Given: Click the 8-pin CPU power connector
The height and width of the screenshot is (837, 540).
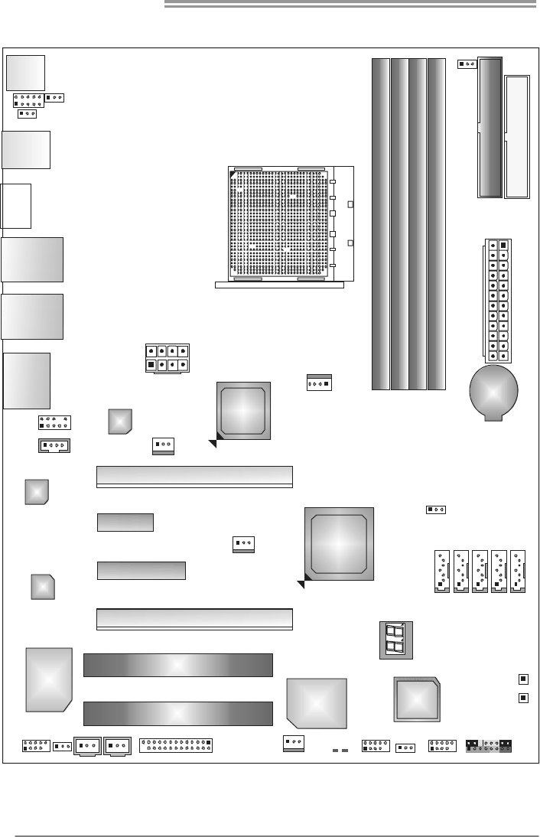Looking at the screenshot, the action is tap(168, 357).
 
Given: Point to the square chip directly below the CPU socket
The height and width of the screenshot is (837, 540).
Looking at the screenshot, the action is tap(243, 410).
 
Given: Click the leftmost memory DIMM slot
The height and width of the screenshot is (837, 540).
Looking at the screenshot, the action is tap(380, 223).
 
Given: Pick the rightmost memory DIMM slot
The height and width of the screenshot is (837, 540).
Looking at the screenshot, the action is tap(437, 223).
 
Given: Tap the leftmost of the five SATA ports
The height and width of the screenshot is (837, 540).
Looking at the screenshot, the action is tap(441, 572).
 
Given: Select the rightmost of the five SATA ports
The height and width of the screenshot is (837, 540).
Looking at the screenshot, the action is tap(519, 572).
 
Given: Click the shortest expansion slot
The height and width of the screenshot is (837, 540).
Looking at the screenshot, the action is tap(125, 523).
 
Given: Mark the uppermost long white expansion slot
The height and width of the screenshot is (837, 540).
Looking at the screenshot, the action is tap(194, 475).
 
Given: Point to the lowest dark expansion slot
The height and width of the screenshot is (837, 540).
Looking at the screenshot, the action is tap(177, 713).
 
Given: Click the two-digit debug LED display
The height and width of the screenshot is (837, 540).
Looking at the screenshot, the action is tap(396, 640).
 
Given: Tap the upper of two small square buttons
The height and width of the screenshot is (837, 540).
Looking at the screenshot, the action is tap(523, 679).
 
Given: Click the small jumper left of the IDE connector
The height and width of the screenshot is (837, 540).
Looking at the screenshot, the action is tap(467, 63).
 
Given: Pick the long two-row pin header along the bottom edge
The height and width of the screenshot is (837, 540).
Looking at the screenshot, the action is tap(177, 745).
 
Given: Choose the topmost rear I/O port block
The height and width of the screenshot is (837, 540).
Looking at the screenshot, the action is tap(24, 73).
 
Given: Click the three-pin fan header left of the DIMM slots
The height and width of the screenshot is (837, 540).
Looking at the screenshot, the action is tap(317, 383).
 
